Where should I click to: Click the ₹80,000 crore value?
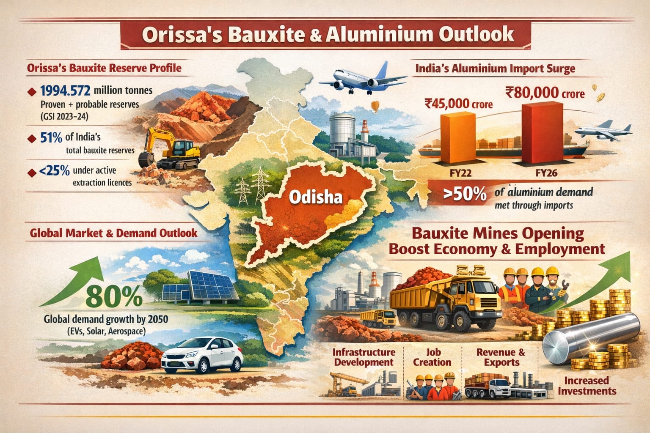545,92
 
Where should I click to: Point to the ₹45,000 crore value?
458,103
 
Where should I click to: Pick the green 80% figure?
115,298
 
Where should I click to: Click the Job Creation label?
432,357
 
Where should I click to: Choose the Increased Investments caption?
587,385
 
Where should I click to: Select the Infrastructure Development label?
364,357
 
